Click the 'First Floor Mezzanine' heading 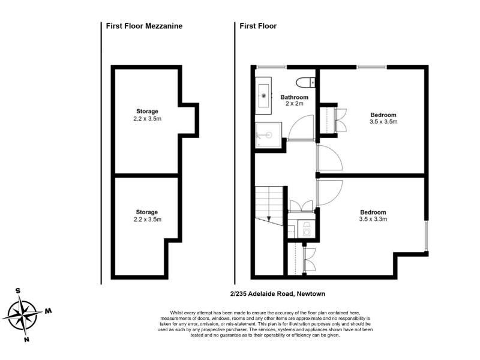tap(144, 26)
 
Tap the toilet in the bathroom tap(305, 82)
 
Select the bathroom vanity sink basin tap(263, 95)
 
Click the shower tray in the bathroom tap(268, 135)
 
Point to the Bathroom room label tap(295, 97)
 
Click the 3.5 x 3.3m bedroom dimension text tap(373, 219)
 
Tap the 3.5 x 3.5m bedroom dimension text tap(383, 122)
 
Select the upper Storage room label tap(147, 111)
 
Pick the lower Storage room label tap(147, 212)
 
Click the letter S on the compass tap(18, 290)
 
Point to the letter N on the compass tap(26, 339)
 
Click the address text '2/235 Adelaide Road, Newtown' tap(278, 294)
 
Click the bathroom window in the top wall tap(271, 67)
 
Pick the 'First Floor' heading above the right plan tap(258, 26)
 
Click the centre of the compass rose tap(23, 314)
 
